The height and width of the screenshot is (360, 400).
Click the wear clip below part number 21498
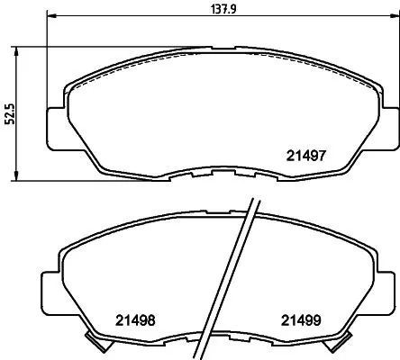(x=94, y=343)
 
